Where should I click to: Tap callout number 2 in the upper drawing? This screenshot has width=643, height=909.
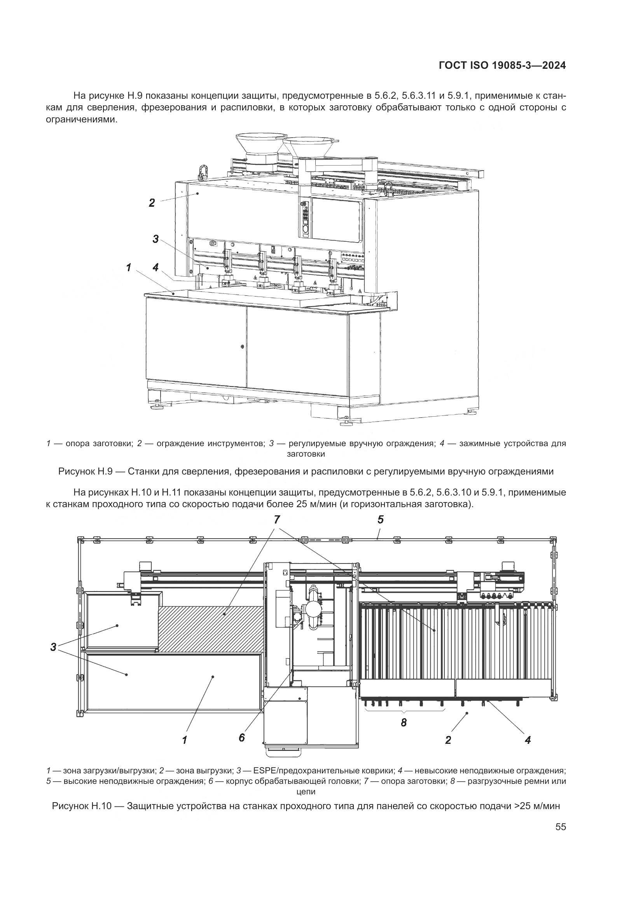[152, 203]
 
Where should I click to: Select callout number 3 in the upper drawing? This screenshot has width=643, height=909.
[156, 239]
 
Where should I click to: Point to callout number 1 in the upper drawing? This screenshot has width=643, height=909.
[129, 268]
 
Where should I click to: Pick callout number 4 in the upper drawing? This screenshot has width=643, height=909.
[156, 268]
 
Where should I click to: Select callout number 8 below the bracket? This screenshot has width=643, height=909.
[404, 723]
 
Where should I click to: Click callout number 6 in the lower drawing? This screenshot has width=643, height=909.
[242, 737]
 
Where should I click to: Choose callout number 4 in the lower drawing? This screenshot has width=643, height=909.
[528, 740]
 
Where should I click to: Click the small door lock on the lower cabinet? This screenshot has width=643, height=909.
[242, 346]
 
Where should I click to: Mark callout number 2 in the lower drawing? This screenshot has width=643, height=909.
[448, 740]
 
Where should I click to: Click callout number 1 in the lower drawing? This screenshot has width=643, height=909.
[185, 740]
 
